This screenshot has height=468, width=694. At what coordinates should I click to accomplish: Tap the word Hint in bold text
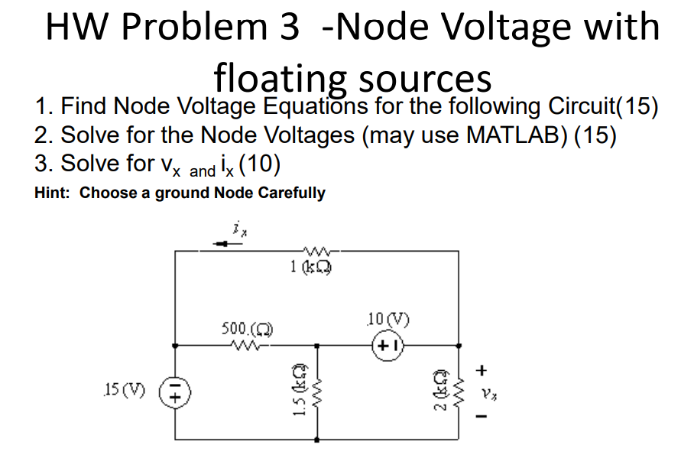pos(53,193)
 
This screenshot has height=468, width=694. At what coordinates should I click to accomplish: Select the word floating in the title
pos(280,78)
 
